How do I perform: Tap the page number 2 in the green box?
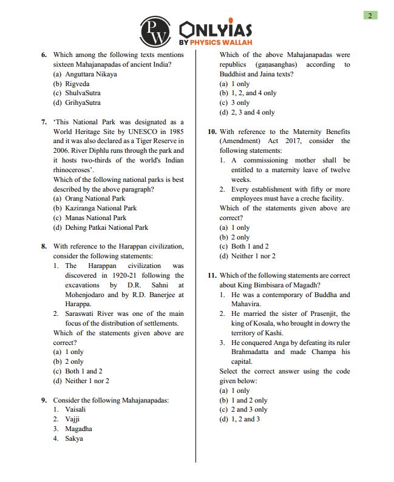tap(370, 15)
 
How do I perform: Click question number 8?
tap(44, 246)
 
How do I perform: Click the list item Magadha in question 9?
tap(78, 429)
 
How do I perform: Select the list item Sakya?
tap(73, 438)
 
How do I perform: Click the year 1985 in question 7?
tap(174, 131)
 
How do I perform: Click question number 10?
tap(212, 132)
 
